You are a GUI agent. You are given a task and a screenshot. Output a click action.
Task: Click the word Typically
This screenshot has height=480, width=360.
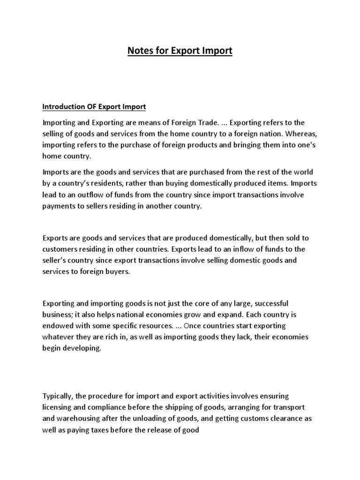59,396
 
